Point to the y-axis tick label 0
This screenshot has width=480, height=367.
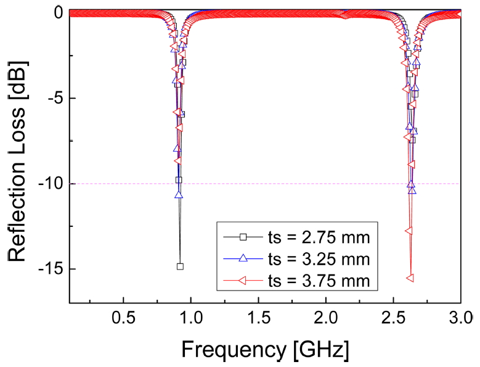(x=58, y=13)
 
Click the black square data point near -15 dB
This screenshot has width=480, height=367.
(x=180, y=266)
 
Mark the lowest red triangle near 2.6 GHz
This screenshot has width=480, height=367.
(x=409, y=278)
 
